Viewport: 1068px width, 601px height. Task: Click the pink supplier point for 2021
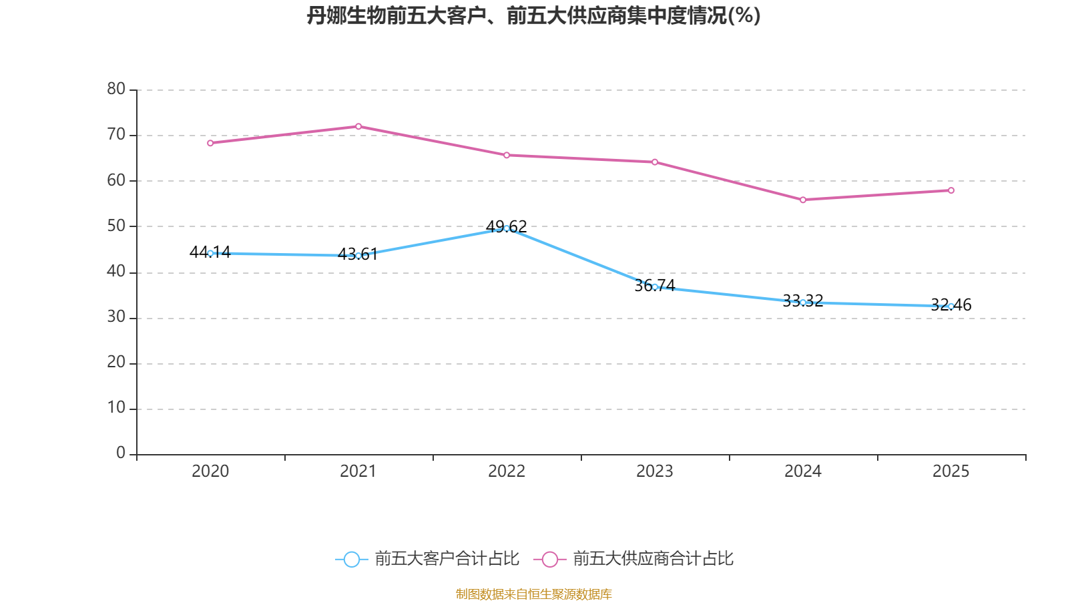coord(358,126)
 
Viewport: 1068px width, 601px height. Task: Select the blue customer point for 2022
coord(507,228)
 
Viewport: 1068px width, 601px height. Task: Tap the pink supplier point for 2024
coord(803,200)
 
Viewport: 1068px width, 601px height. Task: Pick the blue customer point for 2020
coord(210,253)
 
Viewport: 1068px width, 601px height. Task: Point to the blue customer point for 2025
coord(951,306)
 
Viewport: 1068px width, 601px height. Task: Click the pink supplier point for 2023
coord(655,162)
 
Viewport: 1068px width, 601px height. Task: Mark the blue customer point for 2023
coord(655,287)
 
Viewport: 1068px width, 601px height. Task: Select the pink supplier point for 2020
coord(210,143)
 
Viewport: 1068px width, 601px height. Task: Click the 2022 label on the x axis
coord(507,471)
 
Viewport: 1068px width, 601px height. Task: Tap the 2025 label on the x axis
coord(951,471)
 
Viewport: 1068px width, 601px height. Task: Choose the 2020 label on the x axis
coord(210,471)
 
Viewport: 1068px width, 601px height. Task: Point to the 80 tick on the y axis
coord(116,89)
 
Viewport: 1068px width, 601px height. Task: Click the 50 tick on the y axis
coord(116,226)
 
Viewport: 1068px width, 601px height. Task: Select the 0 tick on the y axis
coord(121,453)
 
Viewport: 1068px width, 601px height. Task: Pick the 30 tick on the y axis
coord(116,317)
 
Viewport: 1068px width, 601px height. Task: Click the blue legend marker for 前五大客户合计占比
coord(352,559)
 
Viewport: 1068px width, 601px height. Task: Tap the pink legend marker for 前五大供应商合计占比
coord(550,559)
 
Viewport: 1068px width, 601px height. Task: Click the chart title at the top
coord(533,15)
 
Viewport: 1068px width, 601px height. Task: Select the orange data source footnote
coord(533,594)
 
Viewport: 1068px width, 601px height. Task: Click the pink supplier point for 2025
coord(951,190)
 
